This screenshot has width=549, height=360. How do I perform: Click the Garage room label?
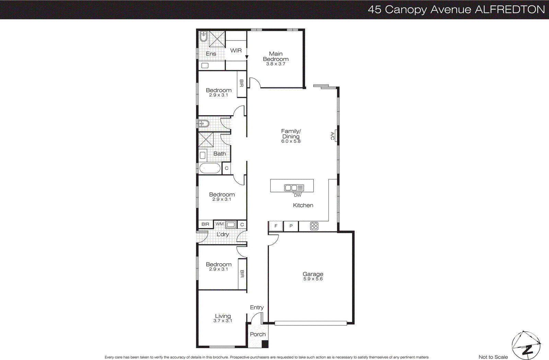pyautogui.click(x=313, y=274)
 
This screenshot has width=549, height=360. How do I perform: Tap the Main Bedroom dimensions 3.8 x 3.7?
pyautogui.click(x=276, y=64)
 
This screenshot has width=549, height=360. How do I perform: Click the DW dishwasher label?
pyautogui.click(x=297, y=195)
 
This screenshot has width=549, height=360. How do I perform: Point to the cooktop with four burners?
pyautogui.click(x=314, y=226)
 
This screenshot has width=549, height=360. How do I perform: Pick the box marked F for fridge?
pyautogui.click(x=276, y=226)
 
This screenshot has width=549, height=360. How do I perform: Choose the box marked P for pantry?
pyautogui.click(x=291, y=226)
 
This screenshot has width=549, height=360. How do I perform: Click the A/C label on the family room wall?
pyautogui.click(x=332, y=136)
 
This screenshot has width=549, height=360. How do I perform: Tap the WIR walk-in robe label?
pyautogui.click(x=236, y=50)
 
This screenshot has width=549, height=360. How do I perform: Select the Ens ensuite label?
pyautogui.click(x=211, y=54)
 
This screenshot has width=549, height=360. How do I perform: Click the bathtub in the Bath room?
pyautogui.click(x=210, y=168)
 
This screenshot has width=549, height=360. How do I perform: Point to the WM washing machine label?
pyautogui.click(x=219, y=224)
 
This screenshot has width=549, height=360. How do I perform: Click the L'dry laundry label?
pyautogui.click(x=222, y=235)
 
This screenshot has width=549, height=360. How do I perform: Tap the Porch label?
pyautogui.click(x=258, y=334)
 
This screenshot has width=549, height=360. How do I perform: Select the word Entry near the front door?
pyautogui.click(x=257, y=308)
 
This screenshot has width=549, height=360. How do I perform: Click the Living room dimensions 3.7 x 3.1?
pyautogui.click(x=223, y=321)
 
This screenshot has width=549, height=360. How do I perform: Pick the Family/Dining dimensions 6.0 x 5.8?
pyautogui.click(x=291, y=141)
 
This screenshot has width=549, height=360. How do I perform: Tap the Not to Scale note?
pyautogui.click(x=493, y=357)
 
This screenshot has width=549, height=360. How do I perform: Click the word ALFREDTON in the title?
pyautogui.click(x=510, y=9)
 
